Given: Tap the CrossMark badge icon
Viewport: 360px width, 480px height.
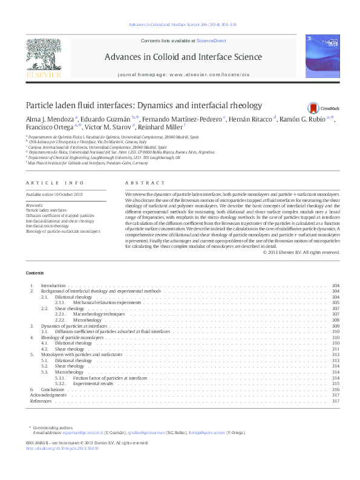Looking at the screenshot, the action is pos(313,108).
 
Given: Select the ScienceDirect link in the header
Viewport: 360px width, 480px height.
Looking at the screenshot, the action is pos(211,41).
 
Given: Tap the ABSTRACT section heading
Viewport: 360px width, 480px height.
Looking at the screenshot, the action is pos(145,183).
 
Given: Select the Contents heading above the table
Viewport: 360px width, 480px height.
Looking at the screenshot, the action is pos(34,273).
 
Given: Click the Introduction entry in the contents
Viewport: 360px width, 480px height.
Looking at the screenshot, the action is pos(53,285).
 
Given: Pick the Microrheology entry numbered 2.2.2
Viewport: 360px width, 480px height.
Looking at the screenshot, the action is pos(88,320).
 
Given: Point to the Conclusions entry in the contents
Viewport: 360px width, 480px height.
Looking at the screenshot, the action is pos(53,389).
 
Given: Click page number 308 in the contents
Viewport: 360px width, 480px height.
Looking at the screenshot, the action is pos(336,320).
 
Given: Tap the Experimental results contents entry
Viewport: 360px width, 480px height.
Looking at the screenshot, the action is pos(93,383).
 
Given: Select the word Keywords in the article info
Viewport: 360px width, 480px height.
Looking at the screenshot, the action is pos(34,205).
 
